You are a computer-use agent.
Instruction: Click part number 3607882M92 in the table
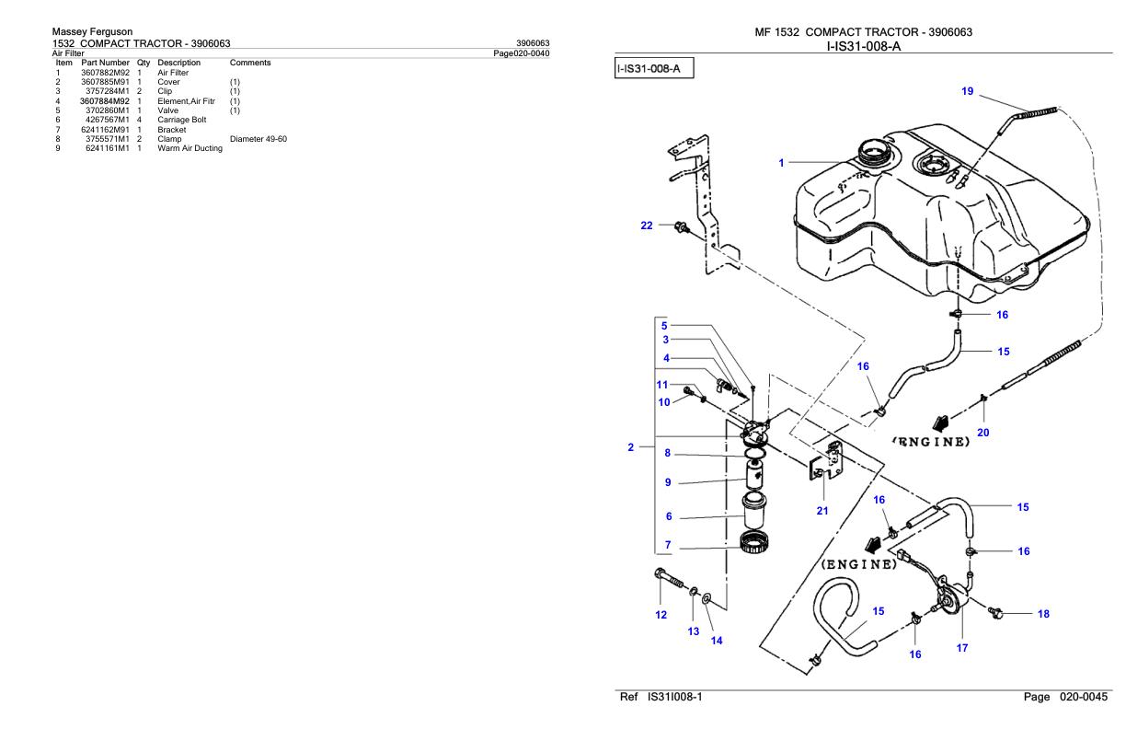[x=105, y=72]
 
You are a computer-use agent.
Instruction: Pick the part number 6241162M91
[x=105, y=130]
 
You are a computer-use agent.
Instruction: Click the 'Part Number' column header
[x=105, y=63]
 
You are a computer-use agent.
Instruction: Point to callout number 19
[x=966, y=92]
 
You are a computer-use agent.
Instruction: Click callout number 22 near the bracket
[x=647, y=226]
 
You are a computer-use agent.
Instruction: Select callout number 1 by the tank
[x=781, y=162]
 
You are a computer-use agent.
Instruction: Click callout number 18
[x=1043, y=613]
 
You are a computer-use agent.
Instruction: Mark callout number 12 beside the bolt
[x=661, y=616]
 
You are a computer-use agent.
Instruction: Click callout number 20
[x=983, y=434]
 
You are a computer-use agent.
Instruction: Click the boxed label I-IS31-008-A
[x=653, y=68]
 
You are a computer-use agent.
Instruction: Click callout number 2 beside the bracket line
[x=630, y=446]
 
